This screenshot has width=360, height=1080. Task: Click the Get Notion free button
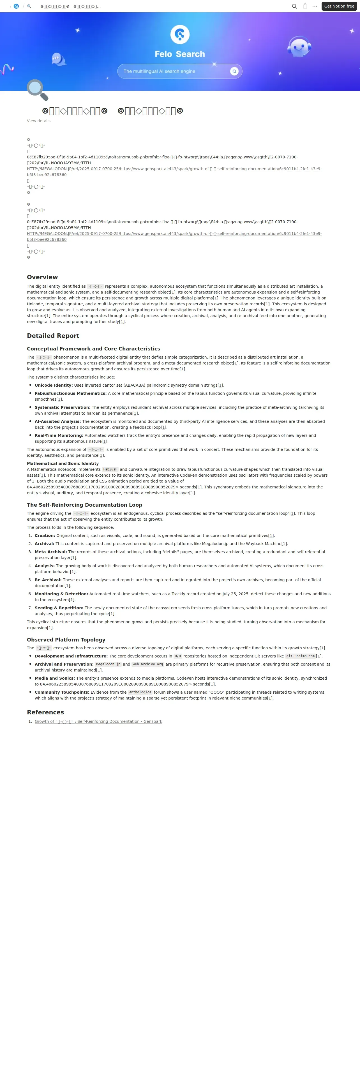(339, 6)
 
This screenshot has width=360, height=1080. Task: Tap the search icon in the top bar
(294, 6)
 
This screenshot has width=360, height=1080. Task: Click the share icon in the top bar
(305, 6)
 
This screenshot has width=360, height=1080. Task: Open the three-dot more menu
(315, 6)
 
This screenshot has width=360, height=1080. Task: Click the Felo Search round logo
(180, 34)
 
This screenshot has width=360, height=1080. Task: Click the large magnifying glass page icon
(37, 90)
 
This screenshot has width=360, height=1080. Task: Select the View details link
(39, 121)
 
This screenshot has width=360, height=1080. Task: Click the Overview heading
(42, 277)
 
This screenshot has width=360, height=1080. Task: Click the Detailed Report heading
(53, 336)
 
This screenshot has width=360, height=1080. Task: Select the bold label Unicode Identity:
(54, 385)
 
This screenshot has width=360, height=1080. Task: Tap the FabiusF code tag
(110, 470)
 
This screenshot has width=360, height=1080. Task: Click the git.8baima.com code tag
(300, 656)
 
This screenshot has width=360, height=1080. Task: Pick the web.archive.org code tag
(147, 664)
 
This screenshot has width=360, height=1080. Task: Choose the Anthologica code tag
(140, 692)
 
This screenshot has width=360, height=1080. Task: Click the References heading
(45, 712)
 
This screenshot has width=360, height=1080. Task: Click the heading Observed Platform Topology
(66, 640)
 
